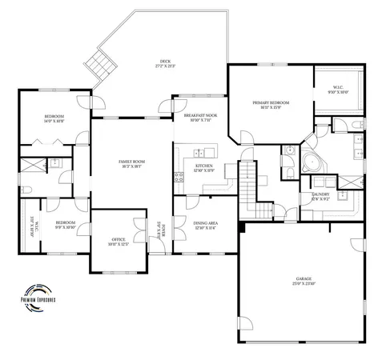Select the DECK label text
(165, 62)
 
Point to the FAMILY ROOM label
(131, 163)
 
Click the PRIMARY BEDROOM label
(271, 105)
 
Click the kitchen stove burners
(179, 177)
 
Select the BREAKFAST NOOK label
(200, 118)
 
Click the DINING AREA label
(205, 225)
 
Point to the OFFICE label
(118, 242)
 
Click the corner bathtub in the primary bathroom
(311, 159)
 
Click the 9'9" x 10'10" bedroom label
(65, 224)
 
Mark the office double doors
(140, 226)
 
